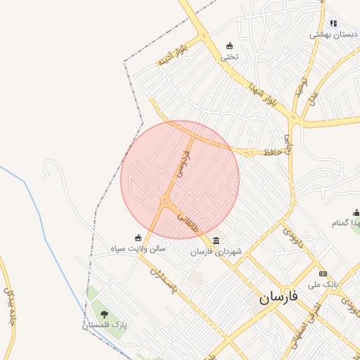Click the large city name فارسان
[x=278, y=297]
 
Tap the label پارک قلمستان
[x=104, y=326]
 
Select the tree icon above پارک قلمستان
[x=104, y=314]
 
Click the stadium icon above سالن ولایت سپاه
[x=138, y=237]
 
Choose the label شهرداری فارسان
[x=216, y=251]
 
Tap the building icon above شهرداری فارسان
[x=216, y=240]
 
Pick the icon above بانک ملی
[x=323, y=274]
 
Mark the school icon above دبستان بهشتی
[x=333, y=23]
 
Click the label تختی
[x=230, y=57]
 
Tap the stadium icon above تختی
[x=229, y=46]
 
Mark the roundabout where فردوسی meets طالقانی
[x=167, y=202]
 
